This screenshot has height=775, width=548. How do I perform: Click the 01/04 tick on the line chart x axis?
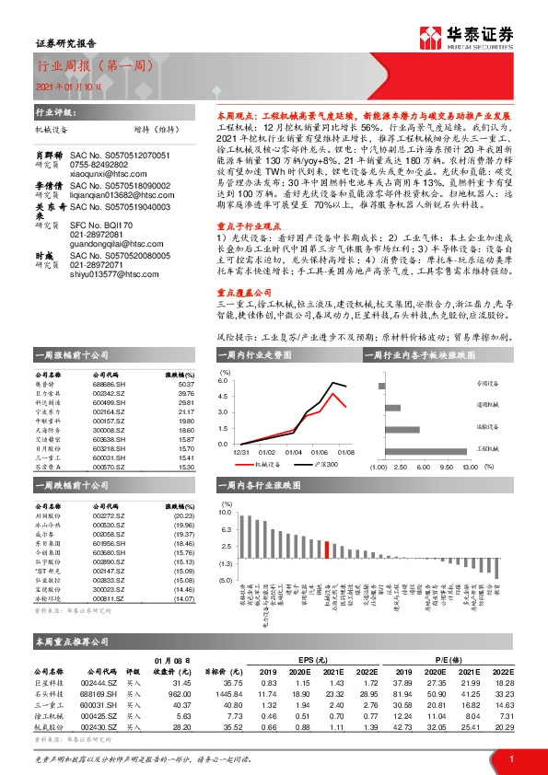pyautogui.click(x=292, y=452)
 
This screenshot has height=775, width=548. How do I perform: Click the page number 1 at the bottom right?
pyautogui.click(x=509, y=758)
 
